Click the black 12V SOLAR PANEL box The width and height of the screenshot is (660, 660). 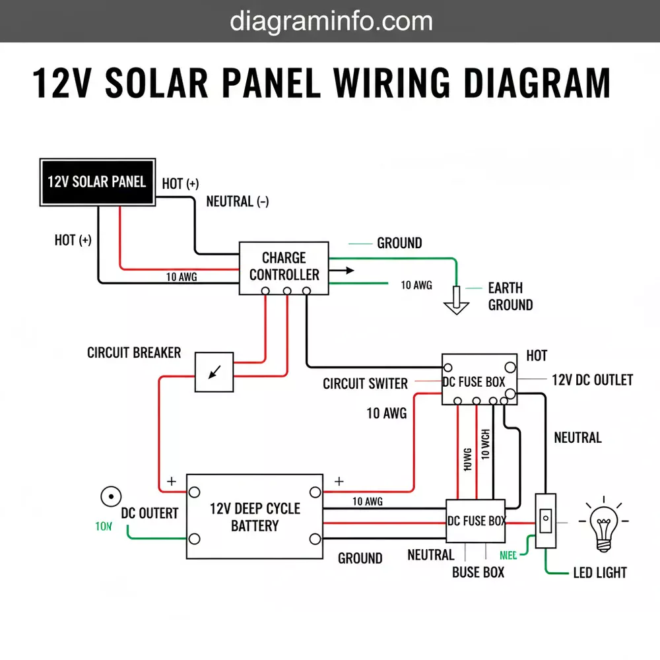[97, 181]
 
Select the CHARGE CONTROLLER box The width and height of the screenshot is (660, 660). [284, 267]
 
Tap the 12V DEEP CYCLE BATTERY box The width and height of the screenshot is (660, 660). [255, 517]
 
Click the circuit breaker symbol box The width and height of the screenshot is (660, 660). [214, 372]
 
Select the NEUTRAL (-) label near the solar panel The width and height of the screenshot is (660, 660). [237, 202]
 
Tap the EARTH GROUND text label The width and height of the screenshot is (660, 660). [510, 296]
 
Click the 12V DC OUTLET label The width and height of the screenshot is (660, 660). [591, 380]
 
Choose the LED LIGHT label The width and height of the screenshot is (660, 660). [599, 573]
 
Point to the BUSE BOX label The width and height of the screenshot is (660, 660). [478, 573]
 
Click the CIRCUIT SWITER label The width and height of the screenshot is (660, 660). [365, 383]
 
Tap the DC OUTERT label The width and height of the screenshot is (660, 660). [149, 513]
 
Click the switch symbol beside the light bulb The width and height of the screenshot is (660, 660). [544, 521]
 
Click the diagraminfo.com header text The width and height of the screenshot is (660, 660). [331, 21]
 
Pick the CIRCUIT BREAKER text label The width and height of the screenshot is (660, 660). [134, 352]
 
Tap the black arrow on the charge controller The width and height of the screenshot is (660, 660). [342, 270]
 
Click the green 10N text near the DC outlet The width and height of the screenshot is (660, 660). [104, 527]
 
